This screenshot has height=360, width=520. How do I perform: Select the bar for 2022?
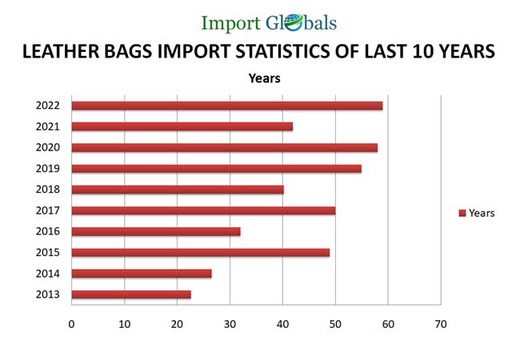point(226,106)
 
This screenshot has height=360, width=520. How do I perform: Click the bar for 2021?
point(182,126)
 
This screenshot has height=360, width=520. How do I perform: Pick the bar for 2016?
point(155,231)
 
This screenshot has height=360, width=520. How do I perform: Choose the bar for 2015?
point(200,253)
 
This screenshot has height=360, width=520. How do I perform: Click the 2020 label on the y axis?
point(47,147)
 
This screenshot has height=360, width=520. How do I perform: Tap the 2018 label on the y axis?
point(47,190)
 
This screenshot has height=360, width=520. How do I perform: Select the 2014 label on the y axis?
point(47,274)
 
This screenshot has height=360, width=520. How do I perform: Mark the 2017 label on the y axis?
point(47,210)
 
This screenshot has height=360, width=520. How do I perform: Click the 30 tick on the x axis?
point(230,324)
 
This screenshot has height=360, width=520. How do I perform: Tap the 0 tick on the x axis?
point(71,324)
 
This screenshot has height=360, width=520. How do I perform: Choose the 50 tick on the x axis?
point(335,324)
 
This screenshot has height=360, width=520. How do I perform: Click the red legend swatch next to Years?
point(462,213)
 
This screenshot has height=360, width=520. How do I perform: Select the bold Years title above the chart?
point(264,78)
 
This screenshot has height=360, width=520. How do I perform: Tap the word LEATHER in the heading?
point(58,52)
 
